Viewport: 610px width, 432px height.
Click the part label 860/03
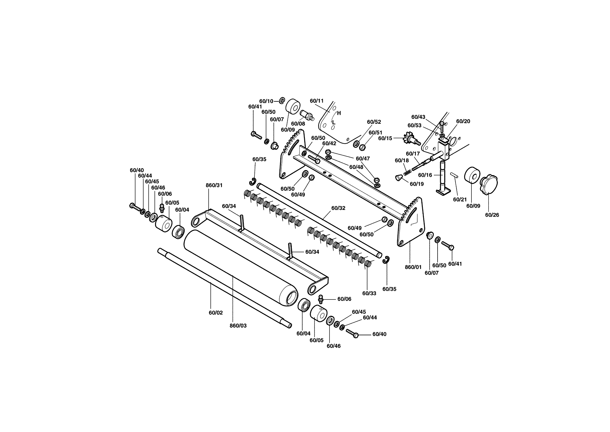[238, 326]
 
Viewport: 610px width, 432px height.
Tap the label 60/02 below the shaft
[216, 313]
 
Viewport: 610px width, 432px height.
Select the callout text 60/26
[492, 215]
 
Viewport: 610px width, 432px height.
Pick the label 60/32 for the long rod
[338, 208]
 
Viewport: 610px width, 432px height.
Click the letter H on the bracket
[339, 113]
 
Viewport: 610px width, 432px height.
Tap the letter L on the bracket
[334, 122]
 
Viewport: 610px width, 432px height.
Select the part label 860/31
[214, 185]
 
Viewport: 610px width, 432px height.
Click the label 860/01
[413, 267]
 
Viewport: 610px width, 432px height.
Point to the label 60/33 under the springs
[369, 293]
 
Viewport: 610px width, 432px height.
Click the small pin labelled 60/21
[454, 175]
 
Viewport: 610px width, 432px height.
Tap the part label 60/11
[317, 101]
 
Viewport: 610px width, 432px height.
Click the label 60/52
[374, 122]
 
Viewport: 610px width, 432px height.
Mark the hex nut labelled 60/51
[362, 147]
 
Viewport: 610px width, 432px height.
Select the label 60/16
[425, 175]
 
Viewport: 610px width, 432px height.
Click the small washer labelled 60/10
[282, 101]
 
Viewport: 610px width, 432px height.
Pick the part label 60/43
[418, 117]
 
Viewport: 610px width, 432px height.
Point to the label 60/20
[463, 121]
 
